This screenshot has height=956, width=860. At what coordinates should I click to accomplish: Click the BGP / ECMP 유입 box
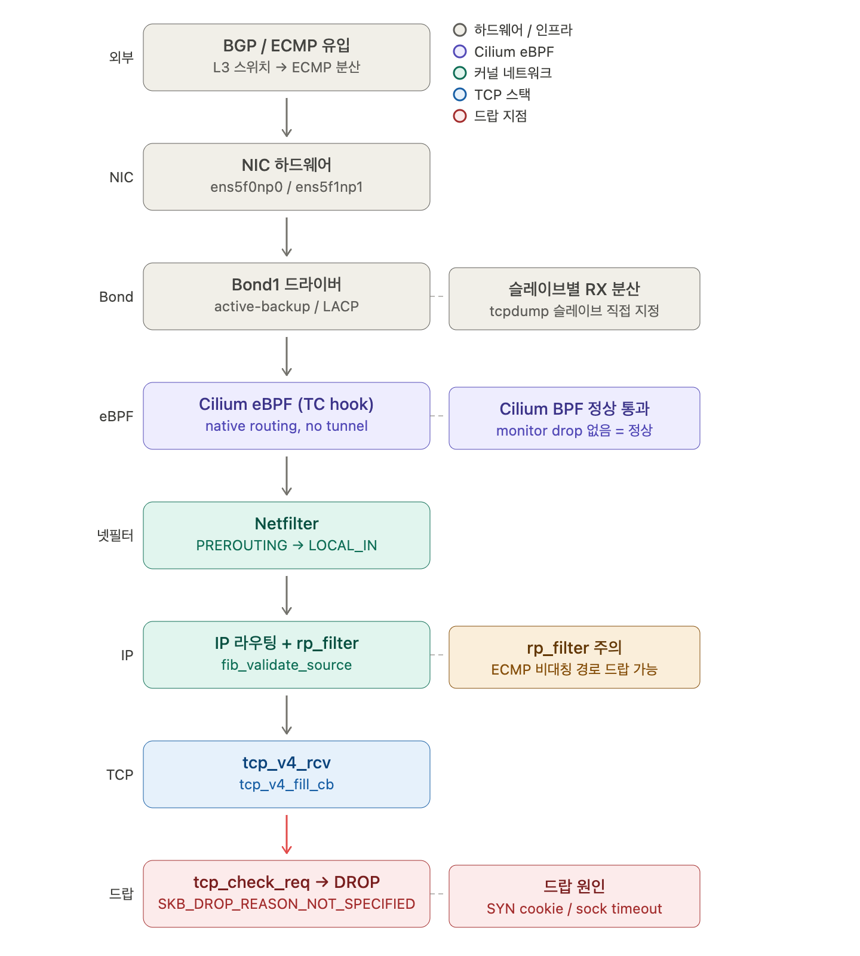click(287, 57)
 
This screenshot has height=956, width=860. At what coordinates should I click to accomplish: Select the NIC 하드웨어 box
click(287, 177)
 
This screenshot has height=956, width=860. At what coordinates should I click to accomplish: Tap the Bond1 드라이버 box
click(287, 296)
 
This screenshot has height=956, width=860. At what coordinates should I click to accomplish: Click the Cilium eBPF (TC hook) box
click(287, 416)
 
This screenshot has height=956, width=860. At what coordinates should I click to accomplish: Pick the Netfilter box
click(287, 535)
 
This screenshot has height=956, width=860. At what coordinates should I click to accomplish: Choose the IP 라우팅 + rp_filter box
click(287, 655)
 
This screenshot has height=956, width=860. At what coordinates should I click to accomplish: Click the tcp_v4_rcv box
click(287, 774)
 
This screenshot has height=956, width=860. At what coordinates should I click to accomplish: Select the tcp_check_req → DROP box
click(287, 894)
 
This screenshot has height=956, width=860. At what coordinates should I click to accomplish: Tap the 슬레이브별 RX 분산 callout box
click(575, 299)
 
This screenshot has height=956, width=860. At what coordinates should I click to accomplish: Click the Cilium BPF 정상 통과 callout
click(575, 418)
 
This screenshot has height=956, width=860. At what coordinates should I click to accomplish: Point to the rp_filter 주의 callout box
click(575, 657)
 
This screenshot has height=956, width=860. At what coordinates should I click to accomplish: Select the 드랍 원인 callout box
click(575, 896)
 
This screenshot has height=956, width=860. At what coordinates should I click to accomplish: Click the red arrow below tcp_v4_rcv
click(287, 834)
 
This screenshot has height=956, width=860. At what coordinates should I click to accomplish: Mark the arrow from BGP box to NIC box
click(287, 117)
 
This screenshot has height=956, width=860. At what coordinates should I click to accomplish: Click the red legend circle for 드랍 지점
click(460, 116)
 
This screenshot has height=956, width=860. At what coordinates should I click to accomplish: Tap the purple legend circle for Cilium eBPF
click(460, 51)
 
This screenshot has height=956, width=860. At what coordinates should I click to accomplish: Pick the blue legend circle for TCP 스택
click(460, 94)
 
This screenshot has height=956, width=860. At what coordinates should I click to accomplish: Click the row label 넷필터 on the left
click(115, 535)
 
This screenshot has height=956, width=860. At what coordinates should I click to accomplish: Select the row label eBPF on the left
click(116, 416)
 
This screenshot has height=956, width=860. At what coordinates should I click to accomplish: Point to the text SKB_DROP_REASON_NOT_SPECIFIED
click(287, 904)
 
